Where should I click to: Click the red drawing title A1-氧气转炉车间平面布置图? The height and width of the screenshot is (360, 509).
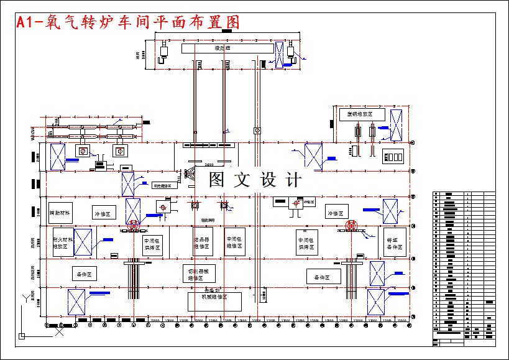128,22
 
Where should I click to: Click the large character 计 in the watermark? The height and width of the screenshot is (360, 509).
293,180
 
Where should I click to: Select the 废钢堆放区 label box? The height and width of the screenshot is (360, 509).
361,115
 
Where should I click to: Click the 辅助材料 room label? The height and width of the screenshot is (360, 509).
61,213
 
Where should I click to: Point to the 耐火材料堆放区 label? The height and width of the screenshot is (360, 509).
62,242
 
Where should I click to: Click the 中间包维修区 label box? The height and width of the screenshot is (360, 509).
235,242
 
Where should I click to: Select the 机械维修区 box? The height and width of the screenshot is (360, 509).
215,300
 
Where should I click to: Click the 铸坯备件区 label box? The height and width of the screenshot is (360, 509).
395,242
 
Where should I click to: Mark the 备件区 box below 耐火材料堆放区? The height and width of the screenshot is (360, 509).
85,274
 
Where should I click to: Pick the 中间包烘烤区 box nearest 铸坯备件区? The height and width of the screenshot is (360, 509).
307,242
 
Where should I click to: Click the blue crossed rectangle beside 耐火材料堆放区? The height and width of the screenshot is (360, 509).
83,242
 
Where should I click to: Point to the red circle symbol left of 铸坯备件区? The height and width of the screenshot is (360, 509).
352,226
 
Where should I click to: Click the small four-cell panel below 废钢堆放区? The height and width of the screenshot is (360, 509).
395,155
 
